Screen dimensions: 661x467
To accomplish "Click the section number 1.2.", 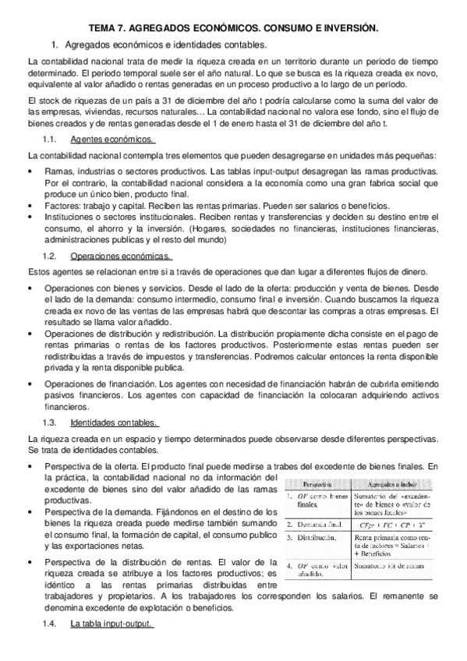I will pos(48,256).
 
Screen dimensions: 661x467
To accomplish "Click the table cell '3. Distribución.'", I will pos(313,538).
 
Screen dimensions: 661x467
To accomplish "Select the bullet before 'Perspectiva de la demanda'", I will pos(30,511).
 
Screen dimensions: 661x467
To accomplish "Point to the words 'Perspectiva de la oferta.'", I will pos(94,466).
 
